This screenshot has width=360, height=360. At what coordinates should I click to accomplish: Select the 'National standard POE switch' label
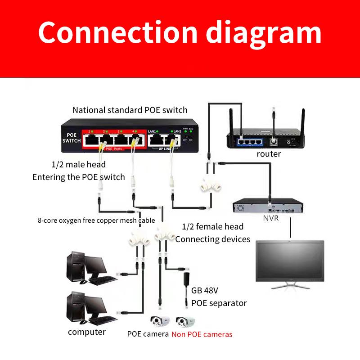(130, 110)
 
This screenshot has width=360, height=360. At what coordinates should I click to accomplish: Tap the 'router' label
(269, 154)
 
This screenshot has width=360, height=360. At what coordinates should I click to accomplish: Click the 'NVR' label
(271, 218)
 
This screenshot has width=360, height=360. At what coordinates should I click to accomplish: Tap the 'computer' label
(87, 332)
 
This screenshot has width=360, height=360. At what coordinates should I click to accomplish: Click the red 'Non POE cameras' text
(202, 334)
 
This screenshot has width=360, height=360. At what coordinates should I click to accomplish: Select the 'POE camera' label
(148, 334)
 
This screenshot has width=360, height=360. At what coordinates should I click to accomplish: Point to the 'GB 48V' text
(206, 290)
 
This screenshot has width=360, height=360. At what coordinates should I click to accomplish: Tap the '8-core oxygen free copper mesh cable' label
(96, 220)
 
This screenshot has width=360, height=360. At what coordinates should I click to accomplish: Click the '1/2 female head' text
(213, 226)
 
